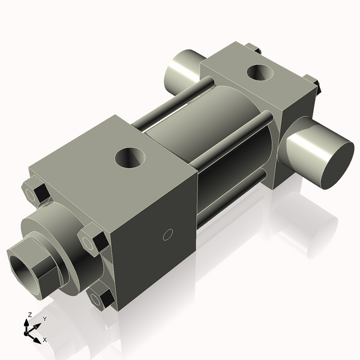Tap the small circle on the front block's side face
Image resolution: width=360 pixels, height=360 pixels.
pos(168,234)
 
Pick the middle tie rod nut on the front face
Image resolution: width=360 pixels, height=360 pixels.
pos(94,241)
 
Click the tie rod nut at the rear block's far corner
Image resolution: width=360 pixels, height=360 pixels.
pos(253,48)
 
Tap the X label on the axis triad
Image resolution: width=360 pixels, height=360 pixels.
pos(45,340)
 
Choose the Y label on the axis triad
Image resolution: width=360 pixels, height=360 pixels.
pos(44,319)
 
